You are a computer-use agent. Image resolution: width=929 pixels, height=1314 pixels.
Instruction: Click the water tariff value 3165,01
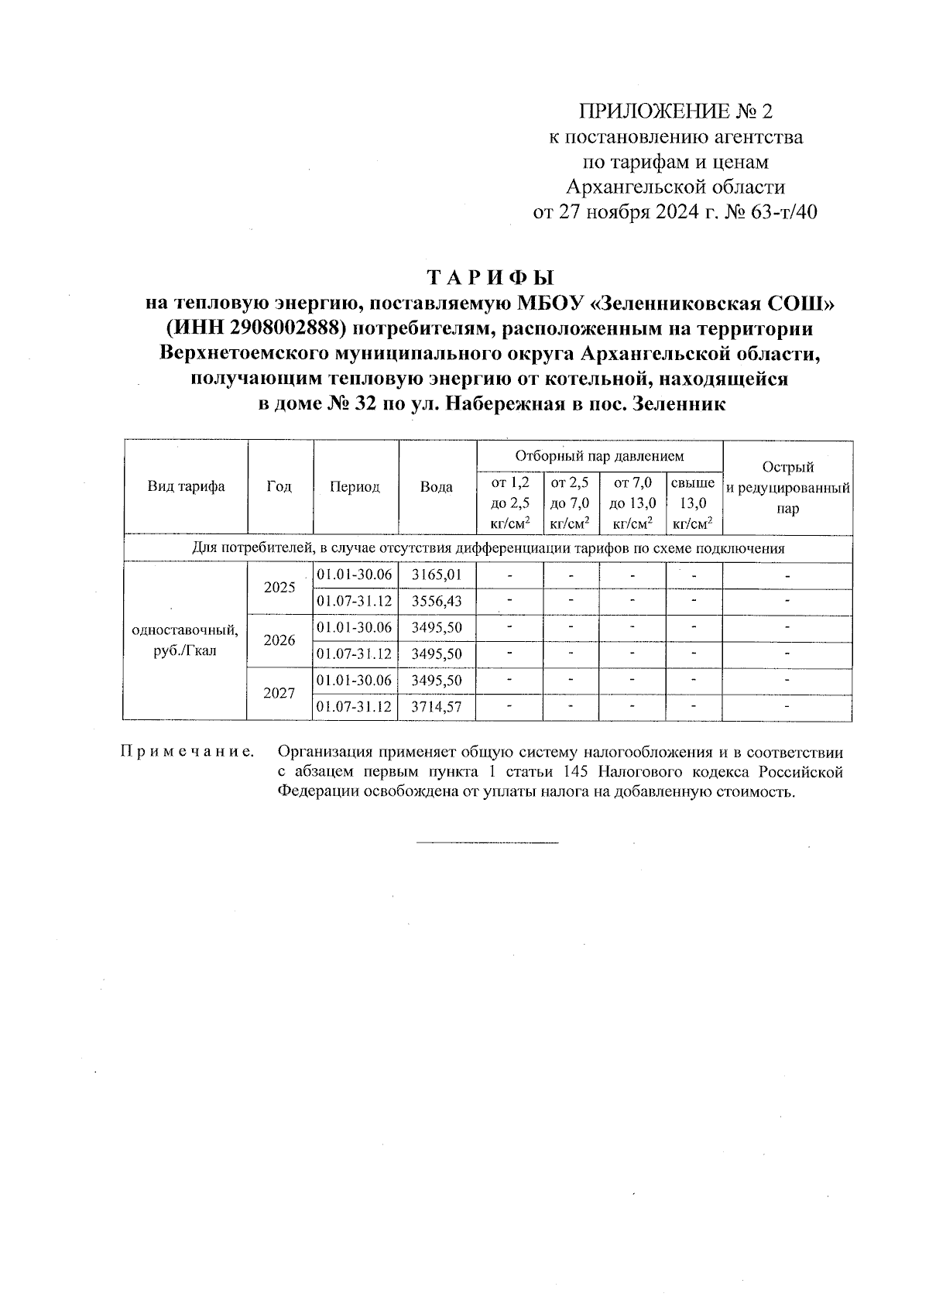click(436, 575)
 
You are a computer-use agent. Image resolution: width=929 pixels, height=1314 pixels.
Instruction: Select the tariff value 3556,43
click(436, 602)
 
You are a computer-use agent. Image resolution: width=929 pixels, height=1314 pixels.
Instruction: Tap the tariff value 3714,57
click(436, 707)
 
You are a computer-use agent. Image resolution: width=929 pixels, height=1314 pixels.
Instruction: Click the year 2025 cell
click(279, 588)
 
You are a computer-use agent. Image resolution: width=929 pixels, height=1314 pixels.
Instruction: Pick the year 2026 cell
click(279, 640)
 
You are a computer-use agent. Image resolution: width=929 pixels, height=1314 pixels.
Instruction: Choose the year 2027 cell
click(279, 693)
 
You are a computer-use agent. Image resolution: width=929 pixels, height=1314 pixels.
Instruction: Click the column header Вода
click(436, 487)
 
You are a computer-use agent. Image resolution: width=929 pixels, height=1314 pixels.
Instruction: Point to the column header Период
click(355, 487)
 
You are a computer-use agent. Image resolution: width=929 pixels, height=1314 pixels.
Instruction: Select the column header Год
click(279, 487)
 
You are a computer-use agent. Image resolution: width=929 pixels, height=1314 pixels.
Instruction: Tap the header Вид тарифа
click(186, 487)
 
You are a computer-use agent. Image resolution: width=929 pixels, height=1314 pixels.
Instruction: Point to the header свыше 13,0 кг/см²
click(693, 503)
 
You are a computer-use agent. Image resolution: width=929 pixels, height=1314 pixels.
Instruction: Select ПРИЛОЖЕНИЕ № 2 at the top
click(676, 112)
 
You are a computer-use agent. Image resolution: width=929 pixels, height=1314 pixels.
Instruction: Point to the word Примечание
click(187, 752)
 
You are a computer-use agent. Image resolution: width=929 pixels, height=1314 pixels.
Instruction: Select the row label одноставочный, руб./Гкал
click(186, 640)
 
